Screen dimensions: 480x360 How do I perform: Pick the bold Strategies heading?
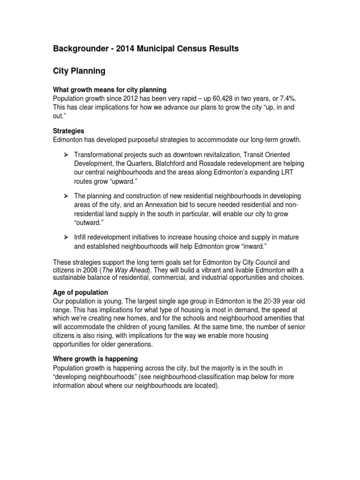[x=68, y=131]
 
